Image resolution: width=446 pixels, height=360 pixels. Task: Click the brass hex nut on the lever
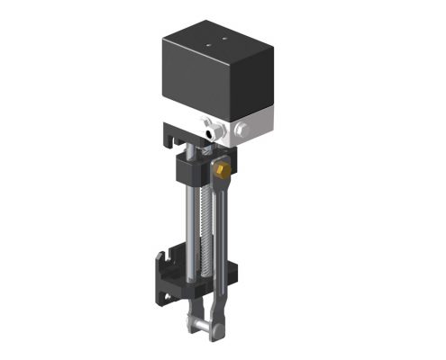tap(221, 168)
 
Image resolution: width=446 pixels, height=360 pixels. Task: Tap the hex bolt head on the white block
tap(241, 135)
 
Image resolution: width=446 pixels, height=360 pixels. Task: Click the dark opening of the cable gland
tap(214, 133)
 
